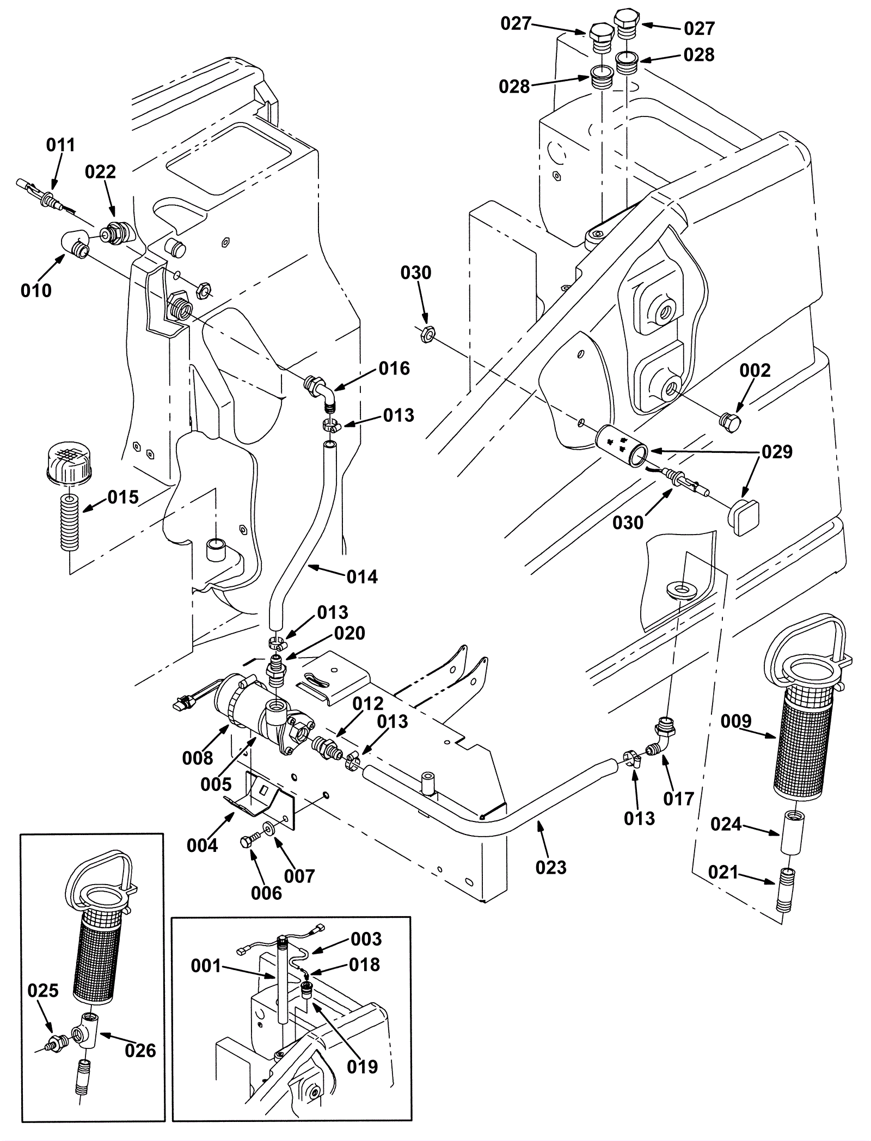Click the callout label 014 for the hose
coord(362,576)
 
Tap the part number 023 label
coord(551,867)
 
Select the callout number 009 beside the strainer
coord(736,721)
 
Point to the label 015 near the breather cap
coord(123,497)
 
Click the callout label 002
coord(755,371)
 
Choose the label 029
coord(777,452)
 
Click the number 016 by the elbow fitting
coord(394,369)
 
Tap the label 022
coord(101,172)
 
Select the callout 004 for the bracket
coord(202,845)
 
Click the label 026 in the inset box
coord(140,1051)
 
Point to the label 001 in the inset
coord(206,966)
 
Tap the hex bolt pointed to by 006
coord(246,842)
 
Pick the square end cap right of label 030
coord(743,518)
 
